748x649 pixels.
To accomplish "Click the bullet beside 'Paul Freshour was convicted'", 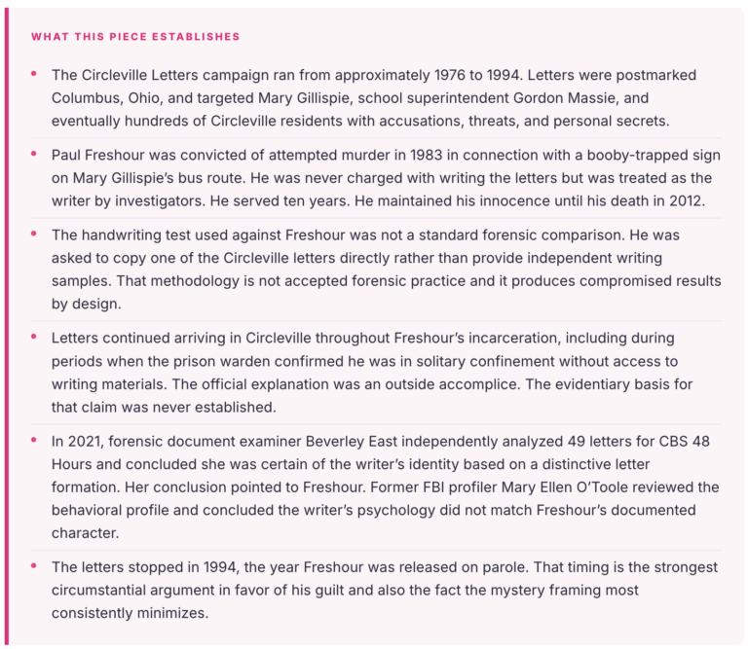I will pyautogui.click(x=34, y=155).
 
